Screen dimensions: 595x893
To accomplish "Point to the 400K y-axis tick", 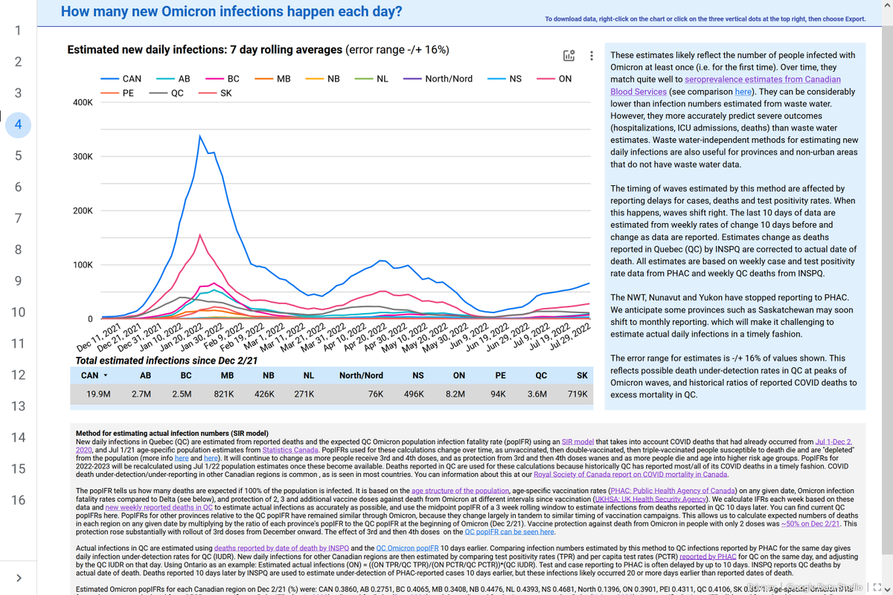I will click(83, 102).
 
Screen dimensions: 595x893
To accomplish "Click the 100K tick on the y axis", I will click(83, 265).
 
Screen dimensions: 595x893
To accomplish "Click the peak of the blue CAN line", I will click(199, 136).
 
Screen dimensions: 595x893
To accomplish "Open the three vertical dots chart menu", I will click(592, 56).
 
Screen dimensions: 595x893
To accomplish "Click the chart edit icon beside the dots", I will click(569, 56).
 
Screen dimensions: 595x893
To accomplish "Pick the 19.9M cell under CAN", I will click(98, 394).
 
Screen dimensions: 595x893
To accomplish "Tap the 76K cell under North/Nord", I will click(376, 394).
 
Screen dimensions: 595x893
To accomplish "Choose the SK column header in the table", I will click(582, 376).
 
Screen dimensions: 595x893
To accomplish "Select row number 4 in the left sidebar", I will click(18, 124).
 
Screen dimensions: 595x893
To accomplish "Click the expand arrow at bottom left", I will click(19, 578).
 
